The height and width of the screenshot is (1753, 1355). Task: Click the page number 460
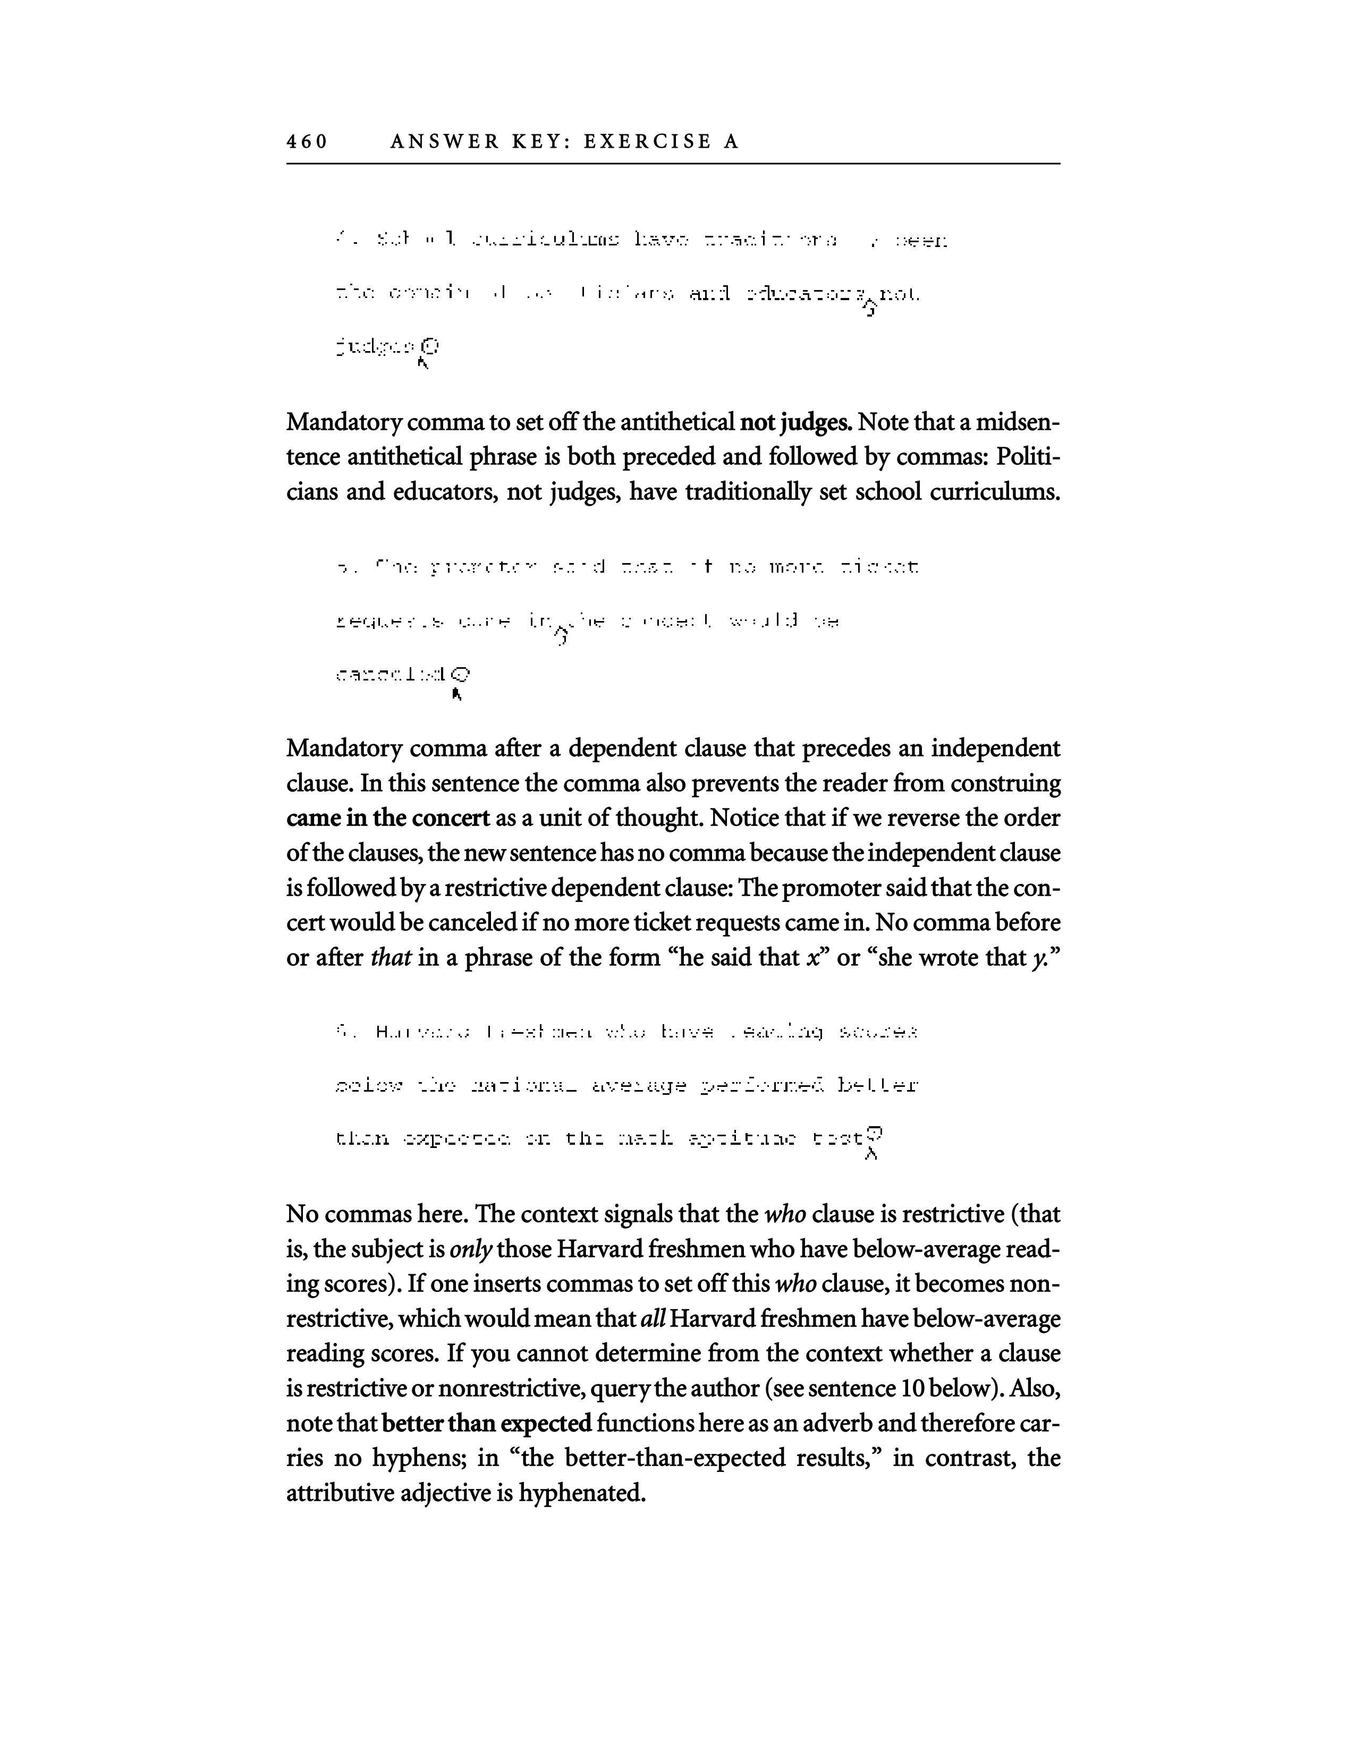[x=307, y=142]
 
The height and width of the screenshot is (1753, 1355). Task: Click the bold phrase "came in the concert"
[x=388, y=819]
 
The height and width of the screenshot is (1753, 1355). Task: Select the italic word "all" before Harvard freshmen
[x=653, y=1320]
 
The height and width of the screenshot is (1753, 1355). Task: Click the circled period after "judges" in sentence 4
[x=431, y=347]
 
